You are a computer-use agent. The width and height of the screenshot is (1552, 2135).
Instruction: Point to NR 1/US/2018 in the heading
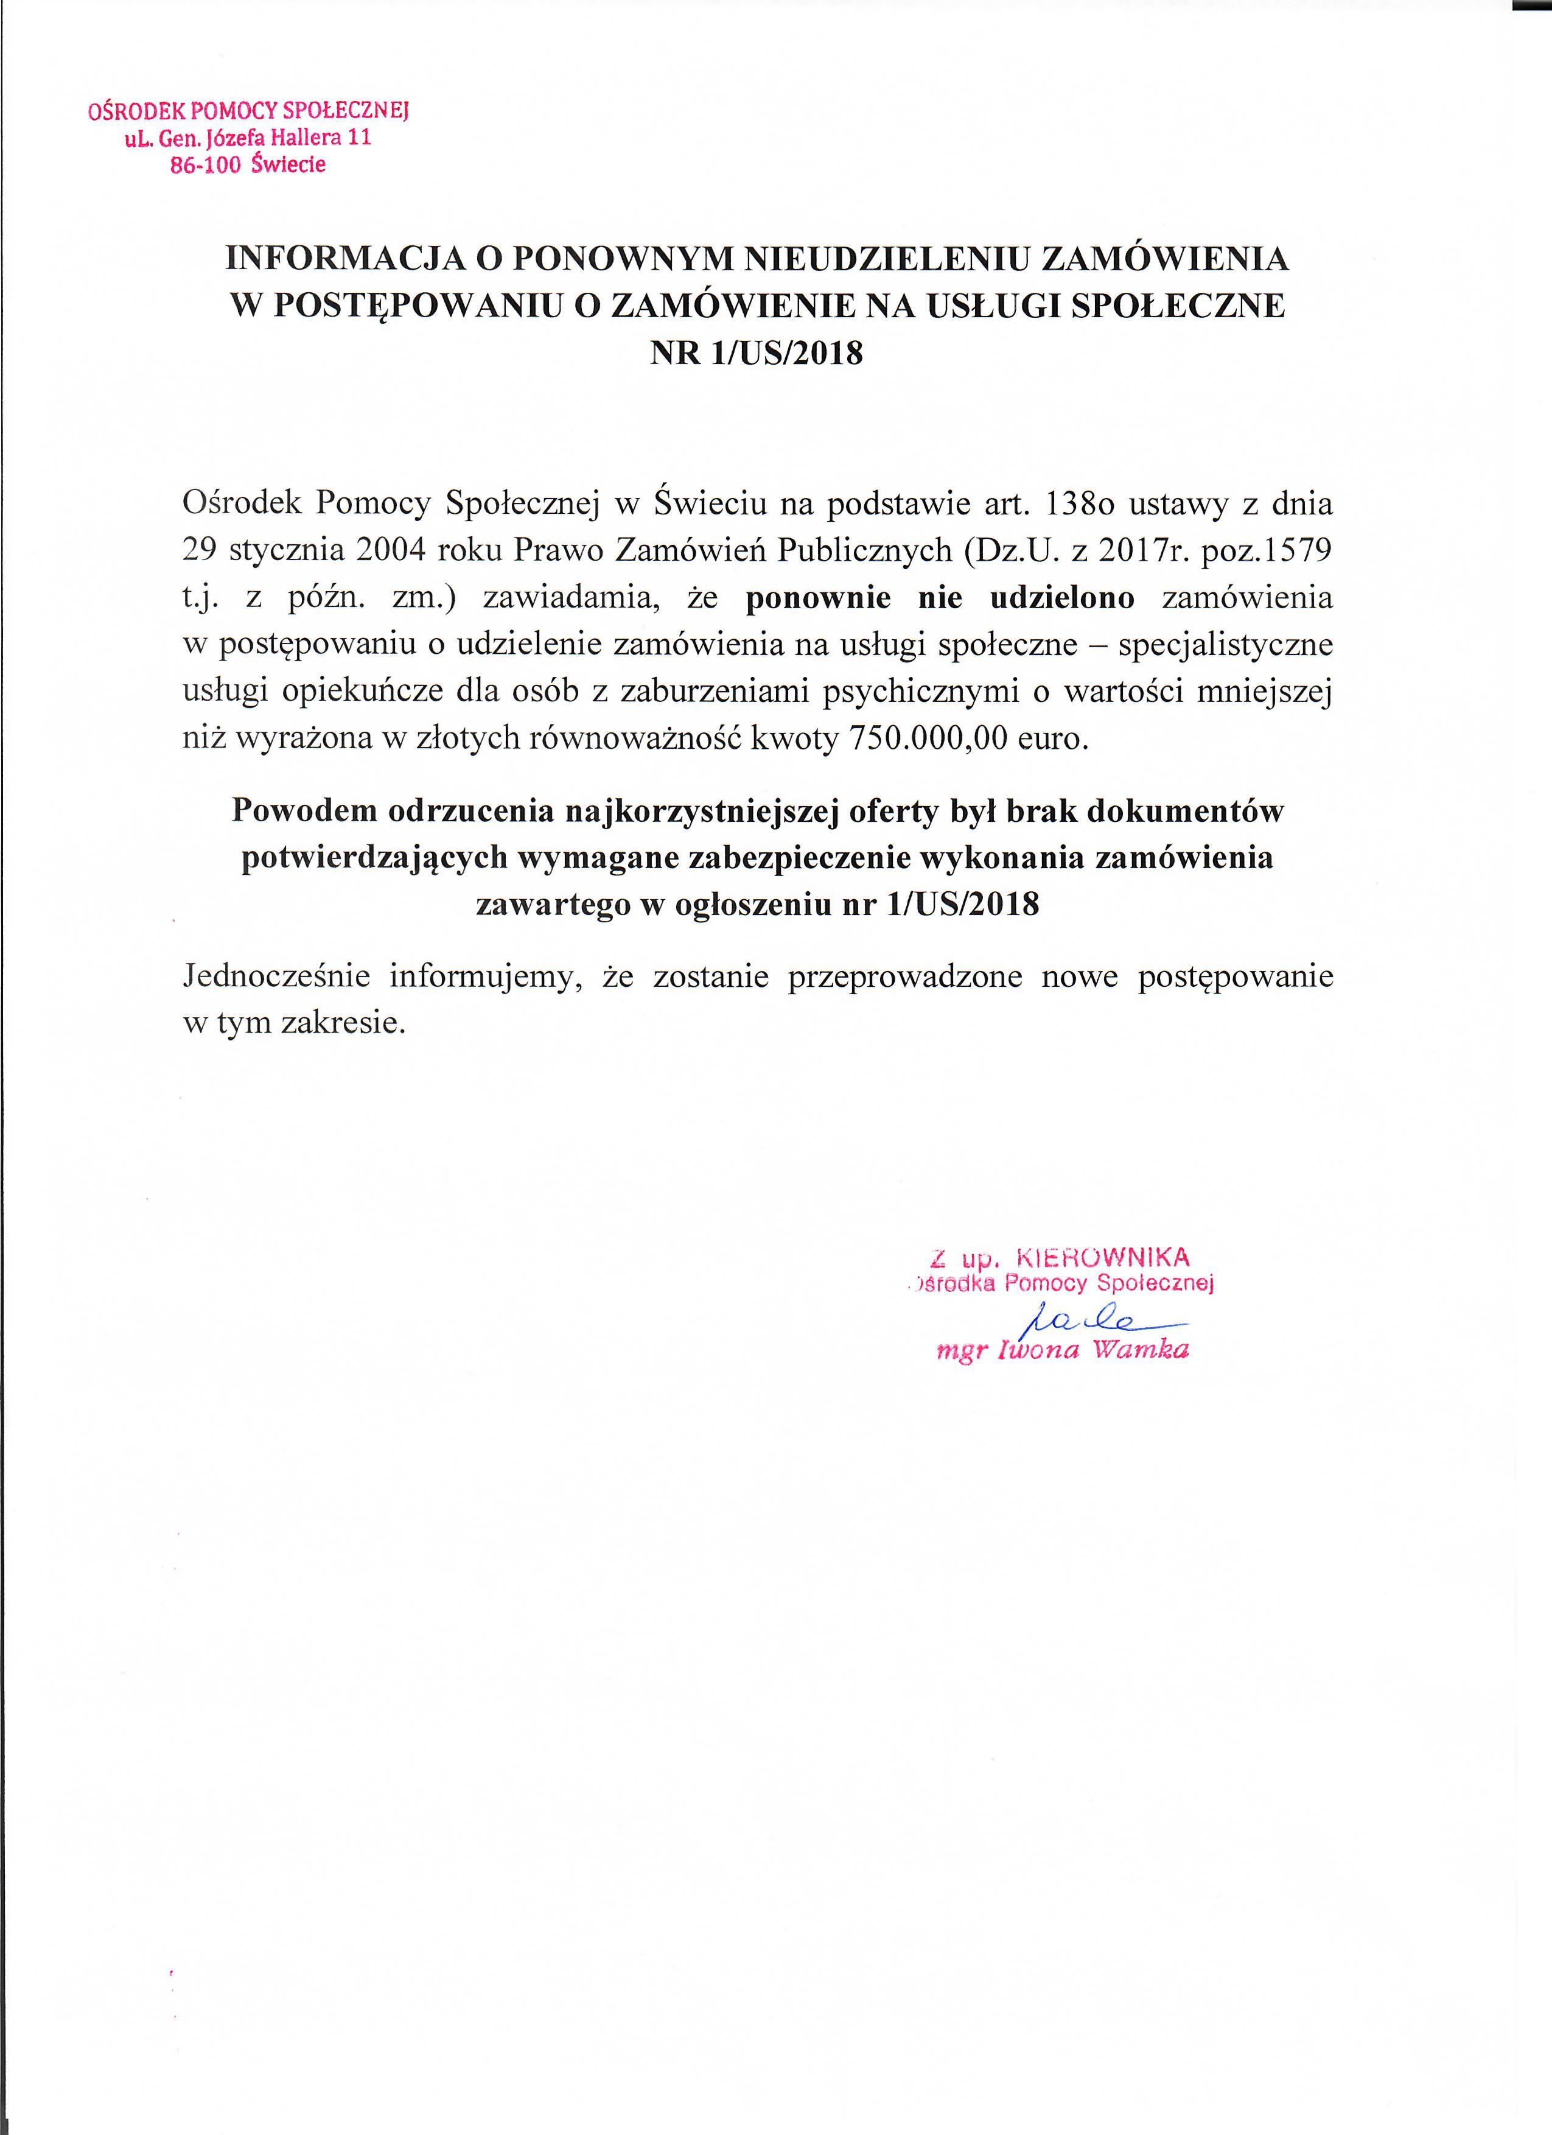click(x=757, y=354)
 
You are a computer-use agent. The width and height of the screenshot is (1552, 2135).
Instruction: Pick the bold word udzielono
click(x=1063, y=598)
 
